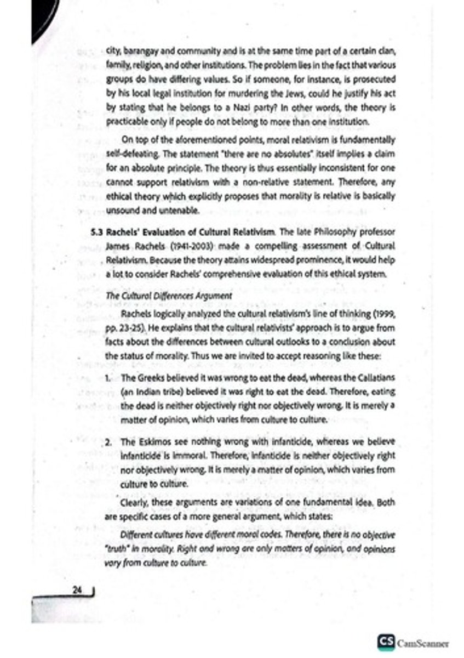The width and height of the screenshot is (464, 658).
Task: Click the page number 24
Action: click(x=76, y=590)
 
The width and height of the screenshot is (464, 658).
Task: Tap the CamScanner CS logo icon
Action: click(x=386, y=642)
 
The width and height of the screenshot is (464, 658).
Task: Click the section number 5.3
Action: click(x=97, y=230)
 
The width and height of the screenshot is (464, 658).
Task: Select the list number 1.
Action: click(x=108, y=378)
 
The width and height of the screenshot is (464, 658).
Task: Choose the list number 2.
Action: click(x=108, y=442)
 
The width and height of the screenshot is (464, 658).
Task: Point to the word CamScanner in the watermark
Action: click(x=422, y=643)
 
